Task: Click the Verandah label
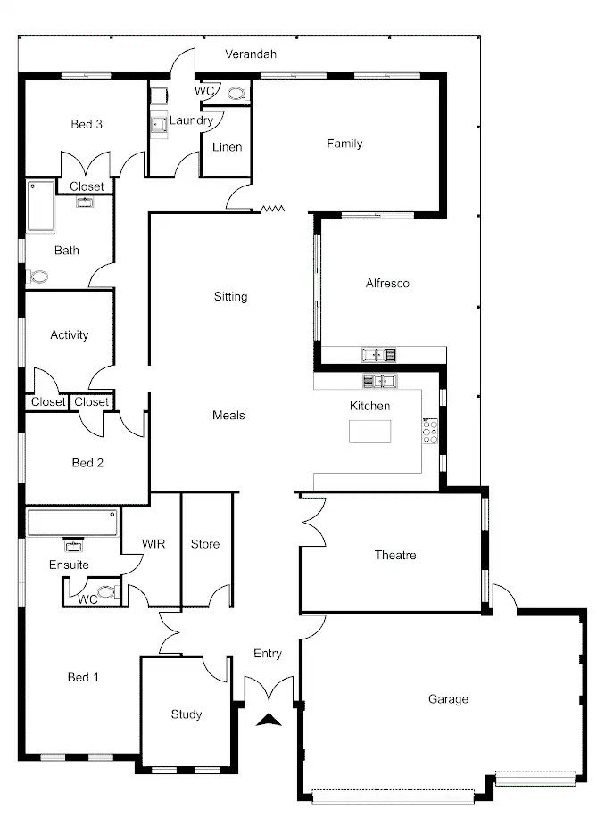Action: point(250,54)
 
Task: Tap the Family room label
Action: point(344,144)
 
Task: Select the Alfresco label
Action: point(387,284)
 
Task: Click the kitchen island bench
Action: point(369,432)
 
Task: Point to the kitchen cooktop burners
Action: point(430,432)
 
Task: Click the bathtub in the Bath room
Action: point(39,206)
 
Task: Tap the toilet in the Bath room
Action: point(37,277)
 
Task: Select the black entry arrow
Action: point(268,720)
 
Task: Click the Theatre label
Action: point(394,556)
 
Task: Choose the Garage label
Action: point(448,699)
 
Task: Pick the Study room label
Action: point(187,714)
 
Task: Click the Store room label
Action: point(205,544)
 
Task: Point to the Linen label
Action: point(227,148)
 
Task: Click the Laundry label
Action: point(190,120)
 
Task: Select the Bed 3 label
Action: point(87,125)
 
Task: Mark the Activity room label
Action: point(70,335)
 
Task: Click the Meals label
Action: point(228,416)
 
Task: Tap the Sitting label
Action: point(230,297)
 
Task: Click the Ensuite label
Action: point(69,565)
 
